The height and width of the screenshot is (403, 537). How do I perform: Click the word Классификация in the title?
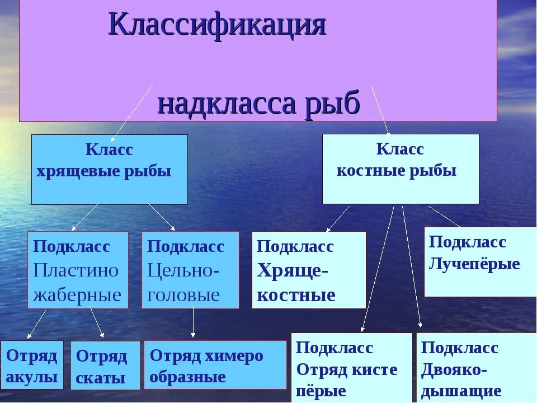[217, 25]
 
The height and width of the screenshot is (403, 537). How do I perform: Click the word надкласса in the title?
[227, 104]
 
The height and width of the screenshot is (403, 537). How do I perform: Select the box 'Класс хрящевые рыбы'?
[109, 169]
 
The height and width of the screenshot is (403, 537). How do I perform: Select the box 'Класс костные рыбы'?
[400, 168]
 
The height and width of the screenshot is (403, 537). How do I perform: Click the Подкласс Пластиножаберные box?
[78, 270]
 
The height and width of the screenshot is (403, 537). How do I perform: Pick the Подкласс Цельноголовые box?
[190, 270]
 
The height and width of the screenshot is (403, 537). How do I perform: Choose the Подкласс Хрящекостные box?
[309, 270]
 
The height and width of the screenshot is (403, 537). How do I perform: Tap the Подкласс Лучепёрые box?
[480, 261]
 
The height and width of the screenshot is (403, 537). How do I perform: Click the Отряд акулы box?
[32, 364]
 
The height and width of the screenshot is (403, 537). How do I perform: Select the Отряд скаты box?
[105, 365]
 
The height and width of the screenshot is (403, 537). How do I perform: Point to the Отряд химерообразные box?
[215, 365]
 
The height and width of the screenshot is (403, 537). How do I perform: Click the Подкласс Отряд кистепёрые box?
[351, 367]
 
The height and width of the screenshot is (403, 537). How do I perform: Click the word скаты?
[101, 378]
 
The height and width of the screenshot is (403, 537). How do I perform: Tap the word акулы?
[32, 377]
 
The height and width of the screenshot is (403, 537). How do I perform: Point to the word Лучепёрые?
[474, 264]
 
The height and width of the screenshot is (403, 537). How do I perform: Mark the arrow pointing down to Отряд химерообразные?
[193, 324]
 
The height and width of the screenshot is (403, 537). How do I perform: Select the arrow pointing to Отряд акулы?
[37, 324]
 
